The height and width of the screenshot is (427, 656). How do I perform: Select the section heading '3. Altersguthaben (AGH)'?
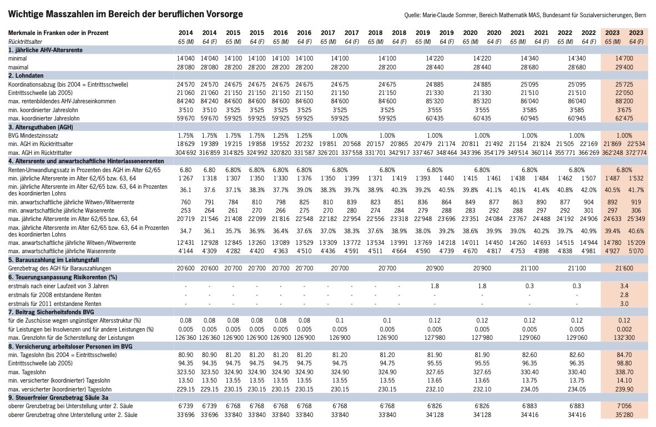(x=41, y=127)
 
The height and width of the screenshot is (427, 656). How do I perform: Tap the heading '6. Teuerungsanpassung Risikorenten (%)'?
(x=63, y=277)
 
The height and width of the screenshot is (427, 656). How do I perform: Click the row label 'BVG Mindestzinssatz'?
(x=33, y=135)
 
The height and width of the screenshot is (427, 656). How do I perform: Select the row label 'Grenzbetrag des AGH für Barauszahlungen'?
(x=60, y=268)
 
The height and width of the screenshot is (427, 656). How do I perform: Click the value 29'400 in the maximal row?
(x=624, y=67)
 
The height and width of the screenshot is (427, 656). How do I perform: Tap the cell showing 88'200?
(x=624, y=101)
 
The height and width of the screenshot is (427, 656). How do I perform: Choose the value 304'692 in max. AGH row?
(x=186, y=153)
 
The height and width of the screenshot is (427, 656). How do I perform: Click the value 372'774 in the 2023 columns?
(x=636, y=153)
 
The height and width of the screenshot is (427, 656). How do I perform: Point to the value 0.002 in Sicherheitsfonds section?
(x=624, y=329)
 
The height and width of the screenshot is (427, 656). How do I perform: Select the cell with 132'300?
(x=624, y=338)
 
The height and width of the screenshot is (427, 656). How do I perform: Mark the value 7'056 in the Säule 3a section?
(x=624, y=406)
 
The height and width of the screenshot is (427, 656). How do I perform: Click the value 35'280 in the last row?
(x=624, y=415)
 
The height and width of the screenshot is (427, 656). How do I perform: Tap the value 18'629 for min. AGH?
(x=186, y=144)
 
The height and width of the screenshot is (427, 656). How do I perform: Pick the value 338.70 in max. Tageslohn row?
(x=624, y=372)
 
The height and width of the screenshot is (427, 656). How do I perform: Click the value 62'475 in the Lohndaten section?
(x=624, y=118)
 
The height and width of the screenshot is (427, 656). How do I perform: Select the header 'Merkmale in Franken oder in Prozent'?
(x=58, y=33)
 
